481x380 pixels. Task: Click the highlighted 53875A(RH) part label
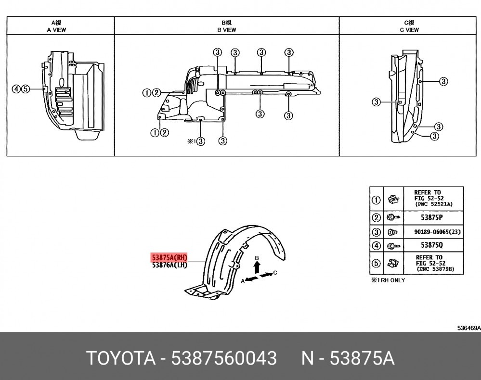[169, 257]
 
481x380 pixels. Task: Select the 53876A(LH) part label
[169, 265]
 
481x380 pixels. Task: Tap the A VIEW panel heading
[56, 30]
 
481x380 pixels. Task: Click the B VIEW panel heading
[227, 30]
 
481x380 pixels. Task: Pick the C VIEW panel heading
[409, 30]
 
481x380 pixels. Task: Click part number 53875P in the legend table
[431, 217]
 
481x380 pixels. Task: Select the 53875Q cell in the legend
[431, 245]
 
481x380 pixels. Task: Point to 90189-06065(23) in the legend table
[438, 232]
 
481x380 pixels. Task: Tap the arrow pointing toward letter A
[251, 279]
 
